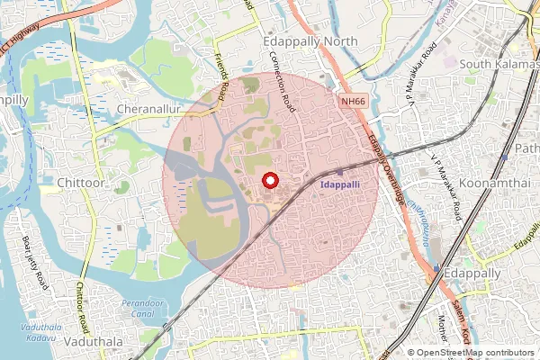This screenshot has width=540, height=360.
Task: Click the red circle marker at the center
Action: (268, 181)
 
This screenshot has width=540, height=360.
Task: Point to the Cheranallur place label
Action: (150, 108)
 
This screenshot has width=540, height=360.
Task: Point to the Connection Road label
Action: (283, 80)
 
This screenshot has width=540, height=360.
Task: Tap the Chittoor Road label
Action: (81, 302)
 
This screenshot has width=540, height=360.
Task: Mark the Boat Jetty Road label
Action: (34, 262)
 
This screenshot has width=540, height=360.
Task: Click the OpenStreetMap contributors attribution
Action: (472, 353)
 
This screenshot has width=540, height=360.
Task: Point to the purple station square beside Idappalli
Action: (339, 171)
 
